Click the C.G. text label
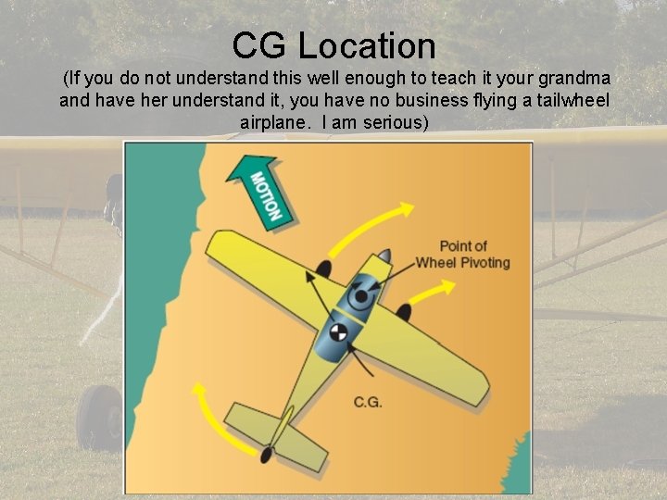[368, 402]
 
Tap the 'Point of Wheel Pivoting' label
[462, 254]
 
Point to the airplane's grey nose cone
[384, 256]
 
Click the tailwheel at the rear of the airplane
[267, 455]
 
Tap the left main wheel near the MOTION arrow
[323, 269]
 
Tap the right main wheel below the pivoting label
[404, 313]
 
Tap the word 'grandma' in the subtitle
[573, 80]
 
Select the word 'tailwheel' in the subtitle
[573, 100]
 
